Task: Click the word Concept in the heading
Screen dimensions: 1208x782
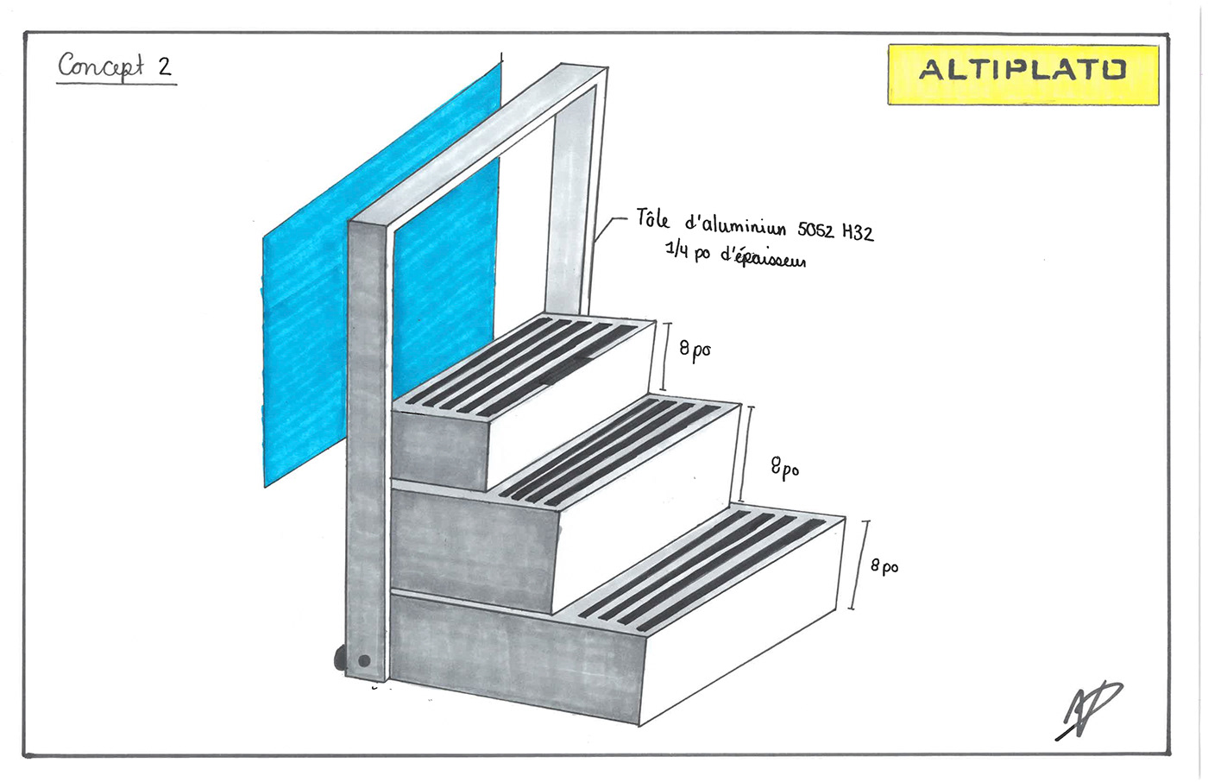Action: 100,66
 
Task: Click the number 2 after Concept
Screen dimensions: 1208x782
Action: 164,66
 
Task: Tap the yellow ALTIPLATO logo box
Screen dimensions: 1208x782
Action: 1022,74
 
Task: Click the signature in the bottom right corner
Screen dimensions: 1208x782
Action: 1089,709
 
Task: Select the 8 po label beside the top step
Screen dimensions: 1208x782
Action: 695,350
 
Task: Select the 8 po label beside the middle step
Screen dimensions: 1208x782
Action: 784,468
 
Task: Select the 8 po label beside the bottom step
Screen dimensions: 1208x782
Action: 884,565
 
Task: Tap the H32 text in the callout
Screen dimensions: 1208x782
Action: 858,232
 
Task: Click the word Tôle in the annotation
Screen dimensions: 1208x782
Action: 652,218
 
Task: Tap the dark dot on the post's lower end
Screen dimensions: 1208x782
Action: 364,661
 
